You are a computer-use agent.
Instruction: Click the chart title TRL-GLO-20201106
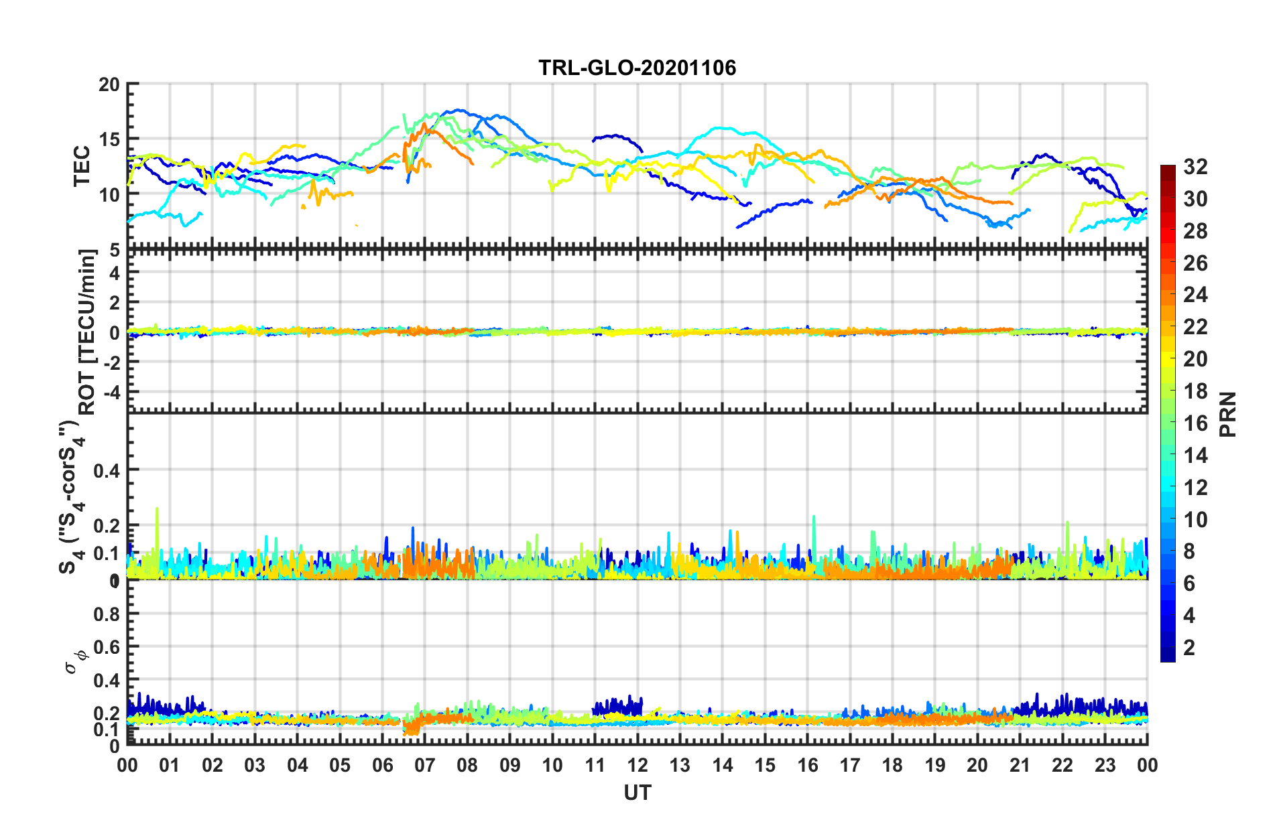coord(637,68)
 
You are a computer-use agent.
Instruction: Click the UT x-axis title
coord(637,793)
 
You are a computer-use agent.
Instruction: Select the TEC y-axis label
coord(82,165)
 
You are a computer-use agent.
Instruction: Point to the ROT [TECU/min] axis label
coord(87,332)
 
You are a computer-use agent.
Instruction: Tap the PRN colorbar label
coord(1228,415)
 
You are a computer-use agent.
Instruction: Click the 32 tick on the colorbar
coord(1195,167)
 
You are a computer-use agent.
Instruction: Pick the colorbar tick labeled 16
coord(1195,423)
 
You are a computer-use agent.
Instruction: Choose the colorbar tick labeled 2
coord(1189,648)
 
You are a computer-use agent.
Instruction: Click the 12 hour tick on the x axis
coord(637,765)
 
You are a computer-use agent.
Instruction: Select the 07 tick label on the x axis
coord(424,765)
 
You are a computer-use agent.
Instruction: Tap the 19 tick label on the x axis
coord(934,765)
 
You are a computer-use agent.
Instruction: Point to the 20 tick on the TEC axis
coord(109,85)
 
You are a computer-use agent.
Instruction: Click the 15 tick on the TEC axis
coord(109,140)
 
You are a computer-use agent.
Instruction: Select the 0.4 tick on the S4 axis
coord(107,471)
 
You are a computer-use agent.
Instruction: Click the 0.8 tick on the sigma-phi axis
coord(107,614)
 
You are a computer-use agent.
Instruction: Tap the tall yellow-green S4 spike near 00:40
coord(157,510)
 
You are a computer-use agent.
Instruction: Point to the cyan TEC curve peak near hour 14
coord(723,128)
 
